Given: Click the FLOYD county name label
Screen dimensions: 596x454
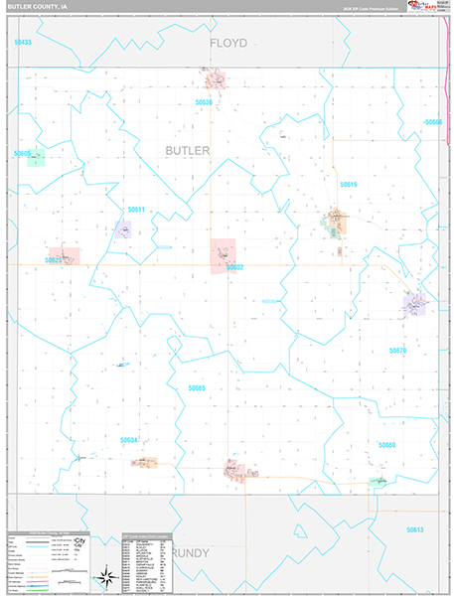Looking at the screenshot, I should click(227, 43).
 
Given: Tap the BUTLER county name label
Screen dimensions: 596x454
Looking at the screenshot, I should click(188, 150).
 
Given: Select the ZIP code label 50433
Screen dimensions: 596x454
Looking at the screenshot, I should click(23, 43).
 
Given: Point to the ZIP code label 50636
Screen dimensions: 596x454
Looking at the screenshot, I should click(205, 102).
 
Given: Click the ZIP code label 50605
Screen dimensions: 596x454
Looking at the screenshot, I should click(23, 153).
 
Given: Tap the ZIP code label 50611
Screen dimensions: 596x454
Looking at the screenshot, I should click(136, 210).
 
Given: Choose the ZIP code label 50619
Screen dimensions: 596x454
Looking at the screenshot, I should click(348, 185).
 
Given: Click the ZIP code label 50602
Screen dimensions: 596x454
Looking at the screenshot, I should click(234, 267).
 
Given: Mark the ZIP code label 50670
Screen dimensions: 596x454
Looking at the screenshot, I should click(397, 351).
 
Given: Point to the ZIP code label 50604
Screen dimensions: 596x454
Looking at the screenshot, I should click(129, 439).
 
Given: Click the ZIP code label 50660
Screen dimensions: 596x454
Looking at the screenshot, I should click(386, 445).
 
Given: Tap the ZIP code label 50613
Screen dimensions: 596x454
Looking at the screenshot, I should click(414, 529).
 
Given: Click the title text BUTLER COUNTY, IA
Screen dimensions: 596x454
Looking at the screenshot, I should click(41, 7).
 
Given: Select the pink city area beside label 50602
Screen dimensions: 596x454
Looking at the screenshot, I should click(223, 255).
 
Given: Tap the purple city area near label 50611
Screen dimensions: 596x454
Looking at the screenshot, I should click(122, 230).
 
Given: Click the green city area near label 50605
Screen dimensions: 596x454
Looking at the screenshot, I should click(37, 159).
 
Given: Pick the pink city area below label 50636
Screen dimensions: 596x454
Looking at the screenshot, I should click(214, 80).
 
